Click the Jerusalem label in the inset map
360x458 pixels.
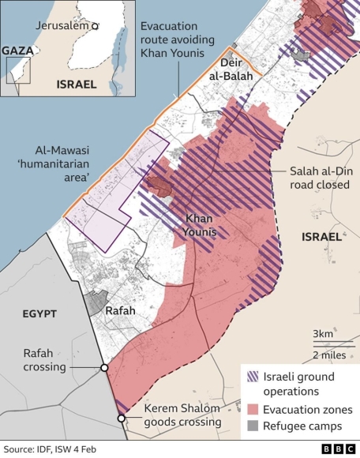(x=62, y=25)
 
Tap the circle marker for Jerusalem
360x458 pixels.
(x=95, y=26)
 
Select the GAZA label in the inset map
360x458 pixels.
(x=17, y=51)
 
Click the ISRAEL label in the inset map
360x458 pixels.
(x=76, y=84)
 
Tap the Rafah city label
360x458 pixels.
(x=120, y=310)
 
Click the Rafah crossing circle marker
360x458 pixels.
(x=104, y=368)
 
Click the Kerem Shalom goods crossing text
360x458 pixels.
(x=182, y=415)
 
